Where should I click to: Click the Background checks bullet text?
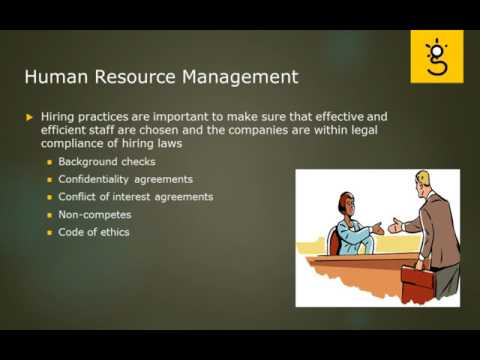pos(100,161)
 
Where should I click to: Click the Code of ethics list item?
pos(94,233)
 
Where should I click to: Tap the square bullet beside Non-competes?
pos(49,215)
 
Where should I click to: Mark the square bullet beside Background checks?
pos(49,161)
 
